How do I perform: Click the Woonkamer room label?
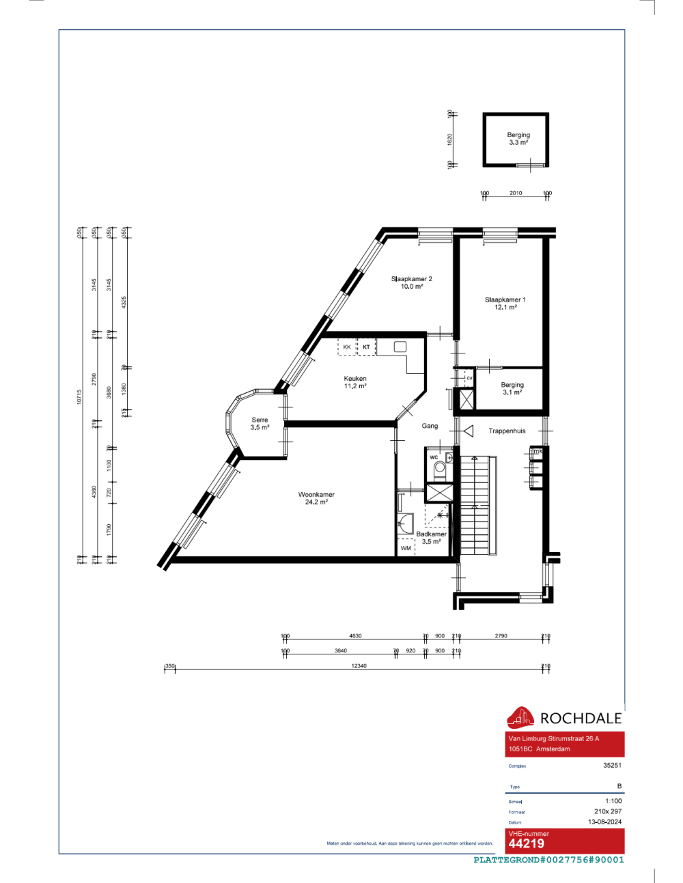pos(316,495)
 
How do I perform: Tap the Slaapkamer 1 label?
pos(505,300)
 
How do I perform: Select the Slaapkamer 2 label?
pos(411,279)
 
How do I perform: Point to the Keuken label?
pos(355,379)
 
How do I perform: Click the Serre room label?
pos(260,420)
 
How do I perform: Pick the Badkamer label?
pos(431,534)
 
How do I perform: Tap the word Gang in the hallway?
pos(430,426)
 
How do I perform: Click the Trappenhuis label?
pos(507,431)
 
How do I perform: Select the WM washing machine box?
pos(406,548)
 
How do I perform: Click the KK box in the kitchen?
pos(347,347)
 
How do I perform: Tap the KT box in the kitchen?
pos(366,347)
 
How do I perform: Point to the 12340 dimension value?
pos(359,666)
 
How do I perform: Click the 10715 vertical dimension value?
pos(79,396)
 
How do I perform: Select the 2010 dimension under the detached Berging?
pos(516,193)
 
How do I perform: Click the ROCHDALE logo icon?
pos(520,717)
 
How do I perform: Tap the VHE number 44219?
pos(527,844)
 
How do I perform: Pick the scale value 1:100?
pos(613,801)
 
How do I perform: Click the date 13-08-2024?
pos(604,822)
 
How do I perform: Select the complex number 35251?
pos(612,766)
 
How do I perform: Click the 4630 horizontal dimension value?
pos(355,636)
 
